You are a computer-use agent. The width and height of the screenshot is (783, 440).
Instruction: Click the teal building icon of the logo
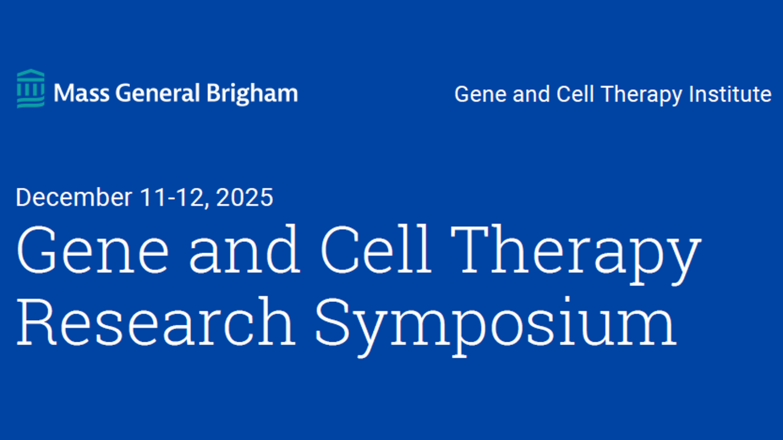point(31,89)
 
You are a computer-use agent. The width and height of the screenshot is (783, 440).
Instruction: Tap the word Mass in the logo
point(81,94)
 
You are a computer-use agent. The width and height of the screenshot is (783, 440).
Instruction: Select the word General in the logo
point(158,94)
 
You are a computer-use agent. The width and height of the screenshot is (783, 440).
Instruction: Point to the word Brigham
point(252,94)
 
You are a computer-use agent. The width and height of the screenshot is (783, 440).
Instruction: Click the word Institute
point(730,94)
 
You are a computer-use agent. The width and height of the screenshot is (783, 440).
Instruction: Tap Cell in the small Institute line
point(575,94)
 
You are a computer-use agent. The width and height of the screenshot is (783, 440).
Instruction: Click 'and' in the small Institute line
point(532,94)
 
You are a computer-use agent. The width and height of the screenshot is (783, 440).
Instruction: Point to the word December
point(74,197)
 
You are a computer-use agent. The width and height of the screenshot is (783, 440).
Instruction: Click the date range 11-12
point(172,197)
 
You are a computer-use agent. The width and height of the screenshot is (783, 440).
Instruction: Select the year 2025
point(245,197)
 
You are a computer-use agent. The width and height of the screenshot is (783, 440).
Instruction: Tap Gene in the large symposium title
point(92,249)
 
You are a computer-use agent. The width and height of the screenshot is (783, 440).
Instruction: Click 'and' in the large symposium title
point(244,248)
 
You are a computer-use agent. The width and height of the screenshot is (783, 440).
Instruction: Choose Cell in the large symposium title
point(376,248)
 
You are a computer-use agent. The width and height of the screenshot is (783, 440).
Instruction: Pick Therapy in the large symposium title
point(576,255)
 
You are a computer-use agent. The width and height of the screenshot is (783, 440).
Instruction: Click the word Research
point(156,321)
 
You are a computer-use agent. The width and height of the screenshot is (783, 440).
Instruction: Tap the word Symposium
point(495,326)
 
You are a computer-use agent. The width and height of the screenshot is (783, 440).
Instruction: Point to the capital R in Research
point(36,322)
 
